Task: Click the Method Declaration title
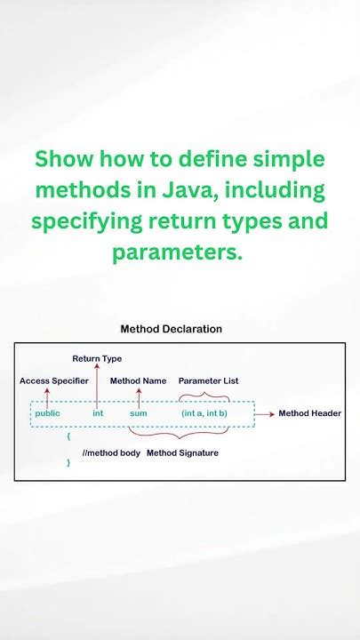click(172, 329)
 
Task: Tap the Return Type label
click(97, 358)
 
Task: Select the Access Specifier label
click(53, 380)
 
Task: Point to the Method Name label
click(138, 380)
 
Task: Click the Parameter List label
click(208, 380)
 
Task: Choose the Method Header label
click(309, 413)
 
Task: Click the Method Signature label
click(182, 452)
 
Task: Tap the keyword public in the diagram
click(47, 413)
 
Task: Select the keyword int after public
click(98, 413)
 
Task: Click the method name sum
click(138, 413)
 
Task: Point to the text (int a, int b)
click(204, 413)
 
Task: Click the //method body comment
click(111, 452)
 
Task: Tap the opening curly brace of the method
click(68, 436)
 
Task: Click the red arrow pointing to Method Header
click(265, 413)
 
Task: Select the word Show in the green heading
click(65, 160)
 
